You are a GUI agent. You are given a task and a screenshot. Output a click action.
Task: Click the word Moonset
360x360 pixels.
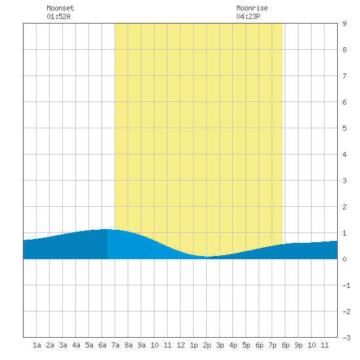coord(60,8)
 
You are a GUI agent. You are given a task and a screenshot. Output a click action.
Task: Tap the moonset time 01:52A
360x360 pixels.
coord(58,16)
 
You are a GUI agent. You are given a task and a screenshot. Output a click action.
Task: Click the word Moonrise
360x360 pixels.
coord(252,8)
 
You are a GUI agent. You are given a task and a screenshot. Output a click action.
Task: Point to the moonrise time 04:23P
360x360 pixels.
coord(248,16)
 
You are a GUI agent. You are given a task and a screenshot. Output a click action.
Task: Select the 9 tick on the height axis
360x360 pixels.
coord(344,24)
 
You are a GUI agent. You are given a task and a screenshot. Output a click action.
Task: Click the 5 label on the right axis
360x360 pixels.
coord(344,128)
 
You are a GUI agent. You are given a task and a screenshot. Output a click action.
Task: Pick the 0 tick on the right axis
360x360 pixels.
coord(344,259)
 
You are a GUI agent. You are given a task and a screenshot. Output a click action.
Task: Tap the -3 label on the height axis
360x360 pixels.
coord(346,338)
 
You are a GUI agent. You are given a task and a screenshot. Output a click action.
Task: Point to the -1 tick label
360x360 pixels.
coord(346,285)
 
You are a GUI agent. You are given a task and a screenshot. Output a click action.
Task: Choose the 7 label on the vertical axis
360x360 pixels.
coord(344,76)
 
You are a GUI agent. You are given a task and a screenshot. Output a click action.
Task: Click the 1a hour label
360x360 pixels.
coord(37,345)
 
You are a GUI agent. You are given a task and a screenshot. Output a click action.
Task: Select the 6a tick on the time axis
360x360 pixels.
coord(102,345)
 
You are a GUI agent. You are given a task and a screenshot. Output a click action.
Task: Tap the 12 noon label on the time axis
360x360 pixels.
coord(181,345)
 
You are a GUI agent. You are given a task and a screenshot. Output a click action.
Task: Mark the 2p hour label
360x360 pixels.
coord(207,346)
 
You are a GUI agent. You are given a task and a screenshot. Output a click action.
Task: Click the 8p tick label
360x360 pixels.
coord(285,346)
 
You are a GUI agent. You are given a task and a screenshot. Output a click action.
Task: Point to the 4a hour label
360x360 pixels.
coord(76,345)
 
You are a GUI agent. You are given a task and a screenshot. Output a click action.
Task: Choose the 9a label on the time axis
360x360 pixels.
coord(141,345)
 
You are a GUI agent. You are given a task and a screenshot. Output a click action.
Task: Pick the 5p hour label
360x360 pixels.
coord(246,346)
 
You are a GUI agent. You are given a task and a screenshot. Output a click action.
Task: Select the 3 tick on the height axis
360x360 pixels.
coord(344,181)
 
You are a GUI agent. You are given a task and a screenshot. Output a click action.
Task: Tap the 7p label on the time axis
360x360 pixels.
coord(272,346)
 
